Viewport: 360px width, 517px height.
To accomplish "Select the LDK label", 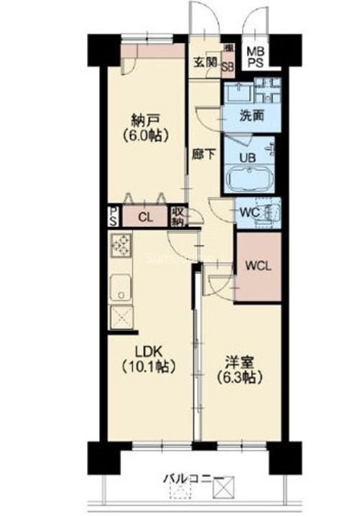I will point(151,351).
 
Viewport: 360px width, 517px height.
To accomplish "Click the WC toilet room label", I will point(249,213).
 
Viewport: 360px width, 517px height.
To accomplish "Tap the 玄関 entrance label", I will point(203,61).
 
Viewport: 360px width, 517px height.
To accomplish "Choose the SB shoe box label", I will point(227,67).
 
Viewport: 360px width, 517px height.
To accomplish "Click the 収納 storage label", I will point(178,215).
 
